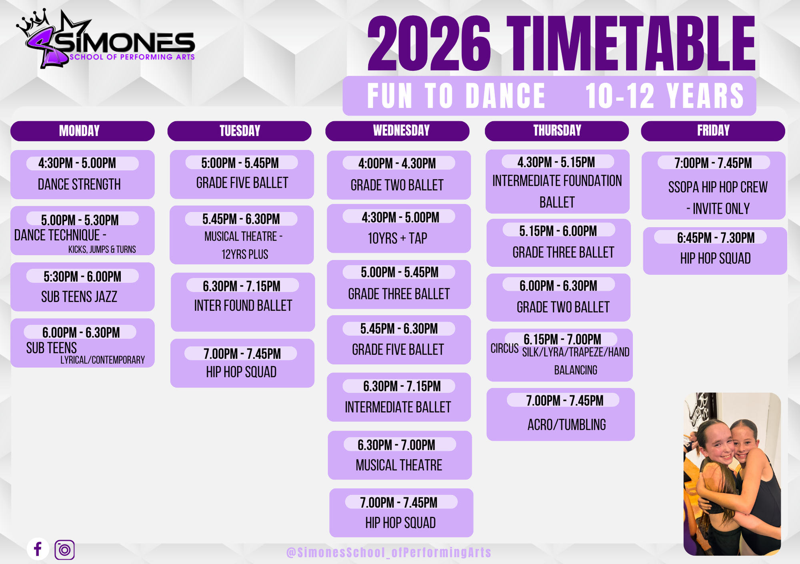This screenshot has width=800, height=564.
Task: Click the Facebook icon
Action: pyautogui.click(x=38, y=549)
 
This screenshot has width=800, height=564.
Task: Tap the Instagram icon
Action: pyautogui.click(x=64, y=550)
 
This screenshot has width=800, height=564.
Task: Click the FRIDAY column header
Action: pyautogui.click(x=713, y=131)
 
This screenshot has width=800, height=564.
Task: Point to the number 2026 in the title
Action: pyautogui.click(x=429, y=44)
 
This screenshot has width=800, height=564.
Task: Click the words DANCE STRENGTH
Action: pyautogui.click(x=79, y=185)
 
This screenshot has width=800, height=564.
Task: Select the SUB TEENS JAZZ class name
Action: pyautogui.click(x=79, y=297)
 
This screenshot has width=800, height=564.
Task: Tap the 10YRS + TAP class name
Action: pyautogui.click(x=398, y=239)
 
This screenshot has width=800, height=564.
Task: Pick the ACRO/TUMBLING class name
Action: pyautogui.click(x=566, y=425)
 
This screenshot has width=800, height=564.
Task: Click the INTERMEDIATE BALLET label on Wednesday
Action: pyautogui.click(x=398, y=407)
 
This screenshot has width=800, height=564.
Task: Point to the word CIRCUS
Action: pyautogui.click(x=504, y=349)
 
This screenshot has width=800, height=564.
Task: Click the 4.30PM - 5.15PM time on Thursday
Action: pyautogui.click(x=556, y=162)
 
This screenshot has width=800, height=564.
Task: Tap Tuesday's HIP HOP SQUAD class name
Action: pyautogui.click(x=241, y=372)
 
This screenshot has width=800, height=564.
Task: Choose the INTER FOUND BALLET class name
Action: pyautogui.click(x=243, y=306)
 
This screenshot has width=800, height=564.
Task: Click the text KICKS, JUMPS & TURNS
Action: pyautogui.click(x=102, y=249)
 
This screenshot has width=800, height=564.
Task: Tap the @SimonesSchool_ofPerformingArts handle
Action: pyautogui.click(x=389, y=552)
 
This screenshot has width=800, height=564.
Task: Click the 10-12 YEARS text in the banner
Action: pyautogui.click(x=664, y=96)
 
